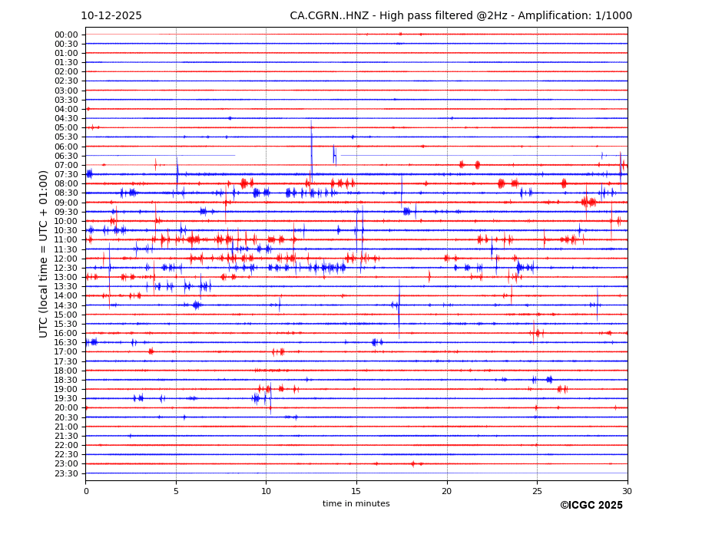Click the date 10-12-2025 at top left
coord(111,16)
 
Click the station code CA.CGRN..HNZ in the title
coord(325,16)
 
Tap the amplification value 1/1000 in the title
coord(612,16)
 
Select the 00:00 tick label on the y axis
coord(66,35)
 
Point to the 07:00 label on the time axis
coord(66,165)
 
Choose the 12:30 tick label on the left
coord(66,268)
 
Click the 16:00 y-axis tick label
coord(66,333)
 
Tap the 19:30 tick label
coord(66,398)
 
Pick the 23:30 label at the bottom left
coord(66,473)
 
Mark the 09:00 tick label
coord(66,203)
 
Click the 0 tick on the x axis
coord(86,490)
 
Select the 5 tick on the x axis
coord(176,490)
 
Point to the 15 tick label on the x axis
coord(356,490)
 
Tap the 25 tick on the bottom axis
coord(537,490)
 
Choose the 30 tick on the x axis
coord(628,490)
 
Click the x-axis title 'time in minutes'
coord(356,503)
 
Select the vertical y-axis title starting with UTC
coord(44,253)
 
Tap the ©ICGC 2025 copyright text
coord(591,506)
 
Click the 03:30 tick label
coord(66,100)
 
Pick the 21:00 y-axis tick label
coord(66,427)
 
